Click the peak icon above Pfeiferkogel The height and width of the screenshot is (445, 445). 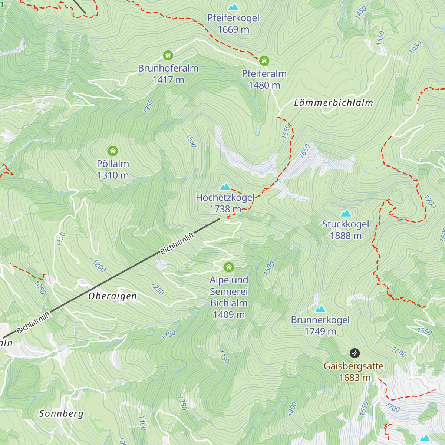[233, 7]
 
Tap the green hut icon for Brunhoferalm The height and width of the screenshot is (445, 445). [168, 56]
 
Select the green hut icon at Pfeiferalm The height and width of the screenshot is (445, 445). [264, 61]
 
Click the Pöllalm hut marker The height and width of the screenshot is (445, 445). [113, 151]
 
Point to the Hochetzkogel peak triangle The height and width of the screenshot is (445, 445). [225, 187]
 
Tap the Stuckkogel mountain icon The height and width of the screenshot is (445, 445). [346, 213]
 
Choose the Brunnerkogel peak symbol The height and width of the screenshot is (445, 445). [320, 309]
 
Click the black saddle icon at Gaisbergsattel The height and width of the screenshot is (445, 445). [355, 353]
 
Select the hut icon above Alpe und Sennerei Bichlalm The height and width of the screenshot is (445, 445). [229, 267]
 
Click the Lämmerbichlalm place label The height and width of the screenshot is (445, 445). [333, 103]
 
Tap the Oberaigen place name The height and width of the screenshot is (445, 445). [112, 296]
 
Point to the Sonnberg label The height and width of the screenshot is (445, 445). [62, 413]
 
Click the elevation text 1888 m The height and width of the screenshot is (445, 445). [346, 236]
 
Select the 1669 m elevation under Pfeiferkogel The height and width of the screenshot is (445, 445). [233, 30]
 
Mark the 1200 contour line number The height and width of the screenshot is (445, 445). [99, 266]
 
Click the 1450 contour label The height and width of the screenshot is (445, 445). [360, 12]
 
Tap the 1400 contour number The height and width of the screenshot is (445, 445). [293, 409]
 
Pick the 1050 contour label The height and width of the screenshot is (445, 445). [40, 288]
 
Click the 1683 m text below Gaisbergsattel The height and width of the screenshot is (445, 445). [355, 378]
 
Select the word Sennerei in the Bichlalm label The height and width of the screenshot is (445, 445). [229, 292]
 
